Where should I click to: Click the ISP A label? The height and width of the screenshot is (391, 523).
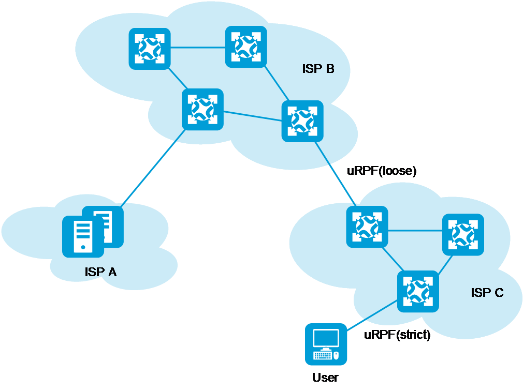coord(100,272)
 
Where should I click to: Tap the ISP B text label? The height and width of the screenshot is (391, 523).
coord(318,69)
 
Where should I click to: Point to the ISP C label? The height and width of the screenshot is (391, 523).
coord(487,293)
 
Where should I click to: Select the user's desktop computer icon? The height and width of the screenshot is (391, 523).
coord(326,344)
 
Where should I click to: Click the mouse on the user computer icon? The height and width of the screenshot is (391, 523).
coord(336,355)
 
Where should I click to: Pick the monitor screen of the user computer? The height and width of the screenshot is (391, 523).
coord(326,339)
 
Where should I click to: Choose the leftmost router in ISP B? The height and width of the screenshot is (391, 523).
coord(150,49)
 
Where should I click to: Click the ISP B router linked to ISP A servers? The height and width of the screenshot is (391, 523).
coord(202,109)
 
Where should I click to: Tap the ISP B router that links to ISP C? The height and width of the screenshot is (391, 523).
coord(302,121)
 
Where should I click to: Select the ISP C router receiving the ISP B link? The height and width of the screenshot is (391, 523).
coord(367,227)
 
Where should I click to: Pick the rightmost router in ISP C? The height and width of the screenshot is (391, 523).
coord(463,234)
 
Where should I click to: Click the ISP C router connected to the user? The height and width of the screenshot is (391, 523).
coord(418,291)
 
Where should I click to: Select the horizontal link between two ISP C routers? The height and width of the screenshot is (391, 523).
coord(415,231)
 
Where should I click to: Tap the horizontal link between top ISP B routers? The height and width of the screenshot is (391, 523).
coord(198,48)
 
